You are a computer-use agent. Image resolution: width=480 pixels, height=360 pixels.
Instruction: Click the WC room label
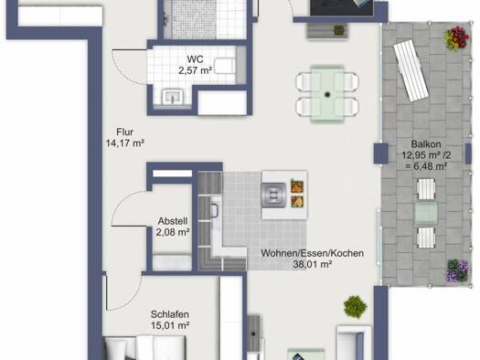pyautogui.click(x=195, y=59)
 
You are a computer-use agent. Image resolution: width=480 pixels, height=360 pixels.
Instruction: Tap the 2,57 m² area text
pyautogui.click(x=195, y=70)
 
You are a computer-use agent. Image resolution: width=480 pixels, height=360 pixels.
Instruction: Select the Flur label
pyautogui.click(x=125, y=132)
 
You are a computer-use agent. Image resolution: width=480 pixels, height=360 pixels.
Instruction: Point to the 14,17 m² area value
pyautogui.click(x=125, y=143)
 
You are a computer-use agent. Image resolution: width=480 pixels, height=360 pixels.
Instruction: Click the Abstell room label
pyautogui.click(x=173, y=221)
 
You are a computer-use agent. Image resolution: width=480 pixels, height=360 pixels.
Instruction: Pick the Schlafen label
pyautogui.click(x=169, y=314)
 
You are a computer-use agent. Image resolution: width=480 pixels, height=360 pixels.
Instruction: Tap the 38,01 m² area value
pyautogui.click(x=313, y=264)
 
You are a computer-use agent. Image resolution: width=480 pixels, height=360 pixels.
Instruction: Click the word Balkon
pyautogui.click(x=426, y=144)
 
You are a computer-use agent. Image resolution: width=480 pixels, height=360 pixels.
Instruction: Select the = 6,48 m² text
pyautogui.click(x=426, y=166)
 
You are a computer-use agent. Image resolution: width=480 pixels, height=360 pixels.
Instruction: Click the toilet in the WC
pyautogui.click(x=225, y=66)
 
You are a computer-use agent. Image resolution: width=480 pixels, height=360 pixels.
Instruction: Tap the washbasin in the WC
pyautogui.click(x=174, y=96)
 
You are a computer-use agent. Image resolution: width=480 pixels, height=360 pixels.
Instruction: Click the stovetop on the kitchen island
pyautogui.click(x=274, y=195)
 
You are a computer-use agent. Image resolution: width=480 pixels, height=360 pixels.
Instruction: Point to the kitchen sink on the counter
pyautogui.click(x=215, y=210)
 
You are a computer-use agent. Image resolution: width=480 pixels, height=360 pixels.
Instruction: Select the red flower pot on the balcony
pyautogui.click(x=456, y=38)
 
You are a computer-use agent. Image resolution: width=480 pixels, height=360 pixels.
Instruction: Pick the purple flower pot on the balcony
pyautogui.click(x=457, y=270)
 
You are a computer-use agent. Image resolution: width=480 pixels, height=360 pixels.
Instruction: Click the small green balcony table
pyautogui.click(x=426, y=213)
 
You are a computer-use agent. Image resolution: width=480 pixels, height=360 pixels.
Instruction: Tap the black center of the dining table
pyautogui.click(x=327, y=94)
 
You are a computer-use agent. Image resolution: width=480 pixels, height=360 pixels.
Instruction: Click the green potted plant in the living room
pyautogui.click(x=355, y=306)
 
